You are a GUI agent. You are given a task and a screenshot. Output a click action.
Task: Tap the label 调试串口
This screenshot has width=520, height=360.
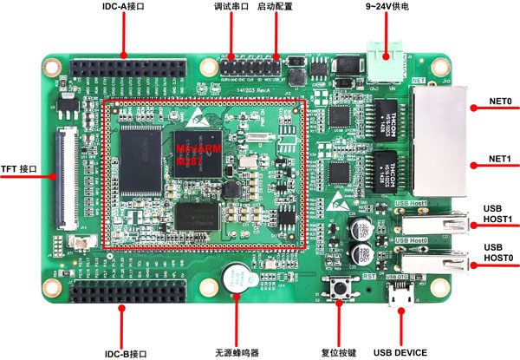231,7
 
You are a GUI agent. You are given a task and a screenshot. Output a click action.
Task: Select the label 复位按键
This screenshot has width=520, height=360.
339,351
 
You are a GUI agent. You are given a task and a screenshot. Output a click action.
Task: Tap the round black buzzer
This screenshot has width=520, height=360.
232,280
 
